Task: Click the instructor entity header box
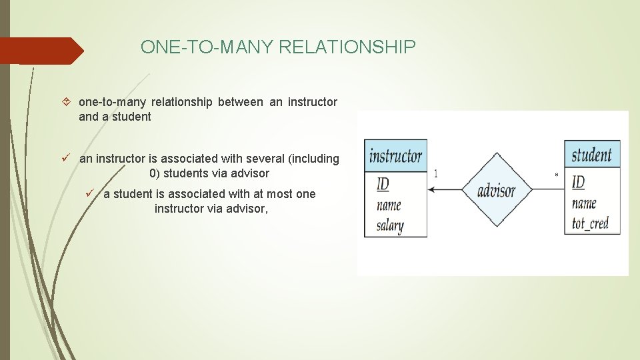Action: [395, 157]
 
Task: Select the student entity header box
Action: [592, 155]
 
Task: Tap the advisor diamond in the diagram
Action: [496, 190]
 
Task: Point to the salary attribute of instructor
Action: [390, 225]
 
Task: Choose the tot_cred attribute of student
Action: [591, 223]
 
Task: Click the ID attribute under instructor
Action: [383, 184]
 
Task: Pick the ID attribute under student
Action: [578, 182]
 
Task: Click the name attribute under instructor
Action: [389, 205]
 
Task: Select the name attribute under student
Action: [584, 203]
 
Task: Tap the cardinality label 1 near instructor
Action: [436, 173]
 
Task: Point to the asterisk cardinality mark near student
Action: [557, 175]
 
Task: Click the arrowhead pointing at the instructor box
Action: [431, 190]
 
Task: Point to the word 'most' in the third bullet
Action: [280, 194]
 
